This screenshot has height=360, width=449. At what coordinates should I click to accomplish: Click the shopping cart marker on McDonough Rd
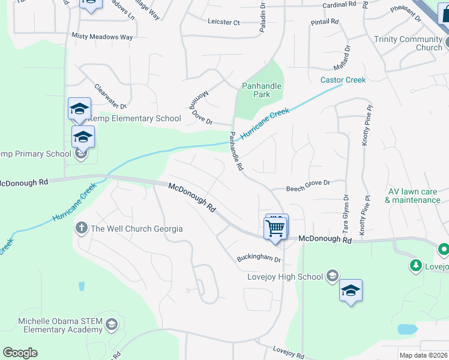click(276, 228)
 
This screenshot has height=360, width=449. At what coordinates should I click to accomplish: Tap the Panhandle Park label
click(261, 90)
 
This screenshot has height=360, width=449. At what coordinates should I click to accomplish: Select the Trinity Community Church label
click(408, 43)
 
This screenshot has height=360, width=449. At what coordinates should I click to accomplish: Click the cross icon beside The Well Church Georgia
click(81, 228)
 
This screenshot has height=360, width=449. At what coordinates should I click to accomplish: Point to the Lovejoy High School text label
click(285, 277)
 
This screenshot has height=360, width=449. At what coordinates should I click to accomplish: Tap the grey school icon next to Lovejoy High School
click(331, 276)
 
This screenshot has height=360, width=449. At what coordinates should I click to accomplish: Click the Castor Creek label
click(343, 80)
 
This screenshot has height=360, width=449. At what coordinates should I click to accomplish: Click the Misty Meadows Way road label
click(102, 37)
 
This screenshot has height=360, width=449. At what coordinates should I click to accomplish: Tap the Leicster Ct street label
click(223, 22)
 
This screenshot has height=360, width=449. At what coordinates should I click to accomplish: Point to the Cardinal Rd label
click(339, 4)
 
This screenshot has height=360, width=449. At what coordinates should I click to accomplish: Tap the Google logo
click(20, 353)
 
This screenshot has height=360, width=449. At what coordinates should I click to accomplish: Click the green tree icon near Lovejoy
click(415, 265)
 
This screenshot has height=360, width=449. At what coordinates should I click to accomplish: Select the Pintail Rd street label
click(325, 22)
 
